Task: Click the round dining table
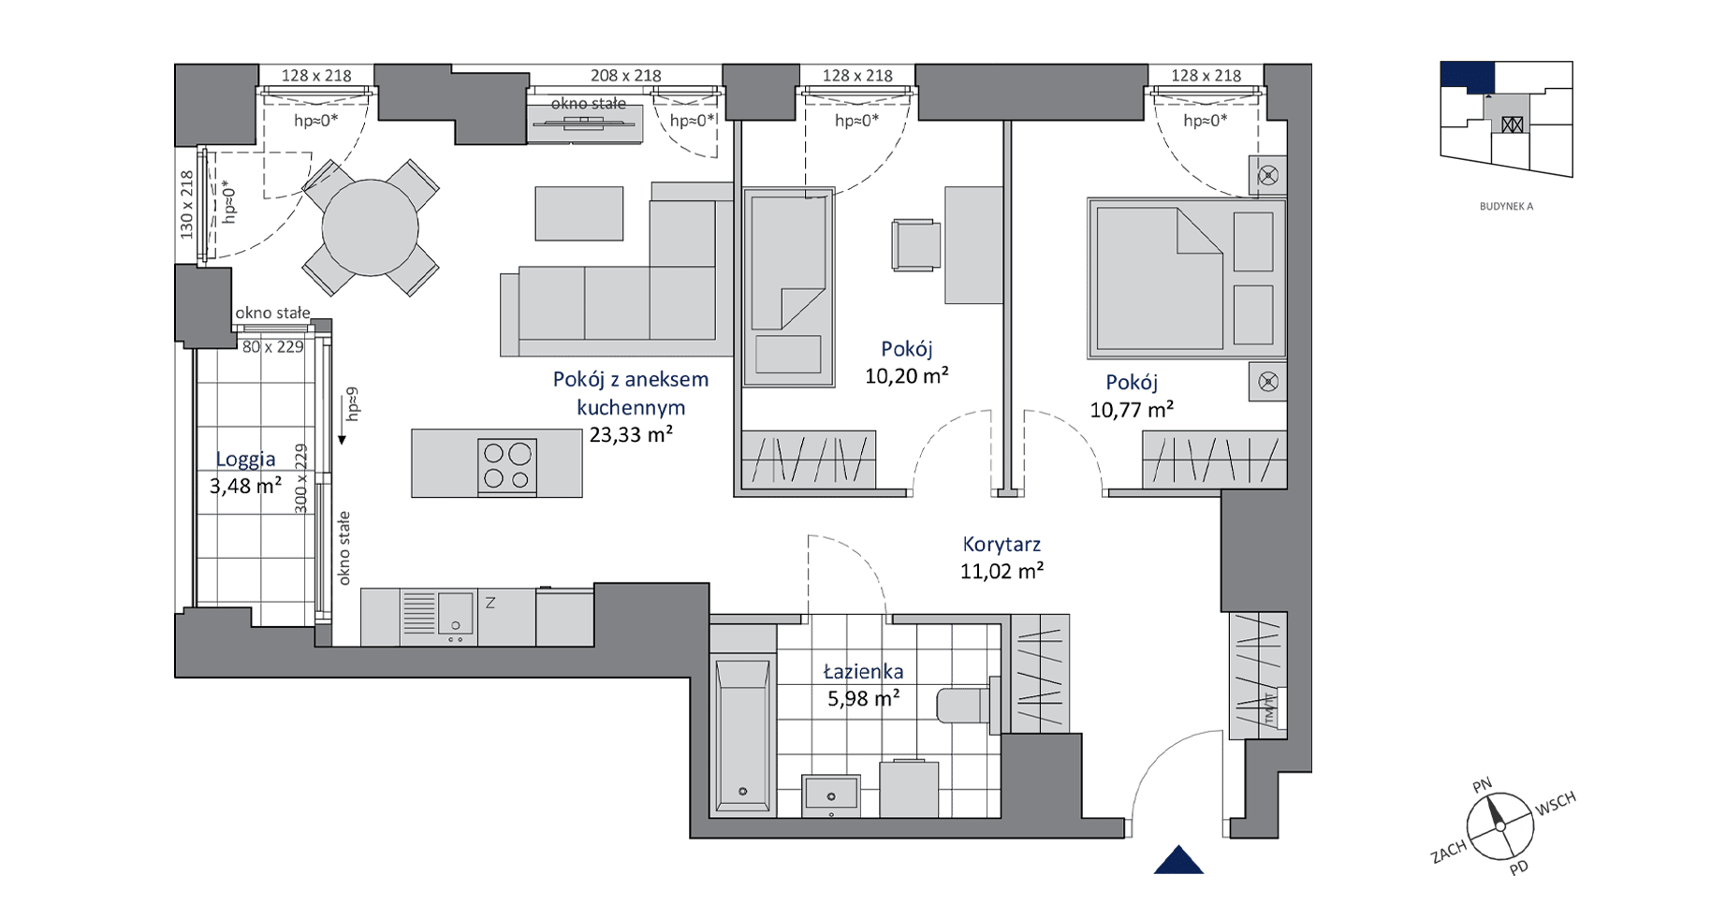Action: click(370, 227)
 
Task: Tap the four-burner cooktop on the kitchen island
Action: click(507, 466)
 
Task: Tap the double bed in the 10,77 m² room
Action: click(1186, 278)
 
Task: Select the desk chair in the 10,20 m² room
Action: click(915, 245)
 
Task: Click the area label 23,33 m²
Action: click(631, 434)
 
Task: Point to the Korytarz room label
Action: click(1002, 544)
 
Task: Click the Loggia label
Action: click(245, 459)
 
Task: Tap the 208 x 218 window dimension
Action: click(625, 75)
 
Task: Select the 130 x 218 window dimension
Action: click(186, 204)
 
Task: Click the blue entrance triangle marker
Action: click(1178, 860)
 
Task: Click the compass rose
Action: click(1500, 826)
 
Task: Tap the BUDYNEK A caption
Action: click(1506, 206)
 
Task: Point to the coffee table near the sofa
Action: click(579, 213)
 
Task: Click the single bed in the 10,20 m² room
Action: click(788, 286)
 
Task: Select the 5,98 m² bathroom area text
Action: click(864, 698)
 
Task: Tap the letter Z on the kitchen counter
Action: click(490, 604)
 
